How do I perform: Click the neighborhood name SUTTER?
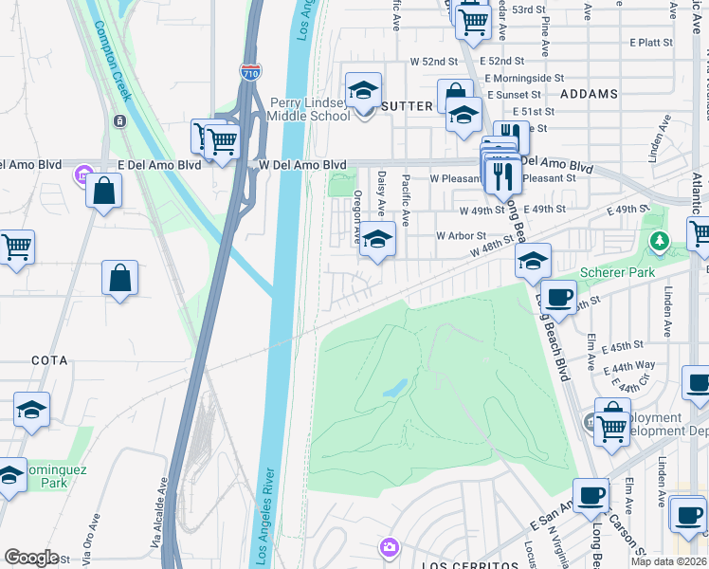pos(407,106)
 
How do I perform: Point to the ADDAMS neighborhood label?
pos(589,94)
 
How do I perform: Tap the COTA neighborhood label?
pos(49,360)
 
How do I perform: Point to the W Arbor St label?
pos(461,235)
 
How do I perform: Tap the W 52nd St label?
pos(434,61)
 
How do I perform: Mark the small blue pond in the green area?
pos(395,389)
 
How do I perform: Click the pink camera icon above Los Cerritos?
pos(389,546)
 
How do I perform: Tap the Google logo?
pos(32,557)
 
